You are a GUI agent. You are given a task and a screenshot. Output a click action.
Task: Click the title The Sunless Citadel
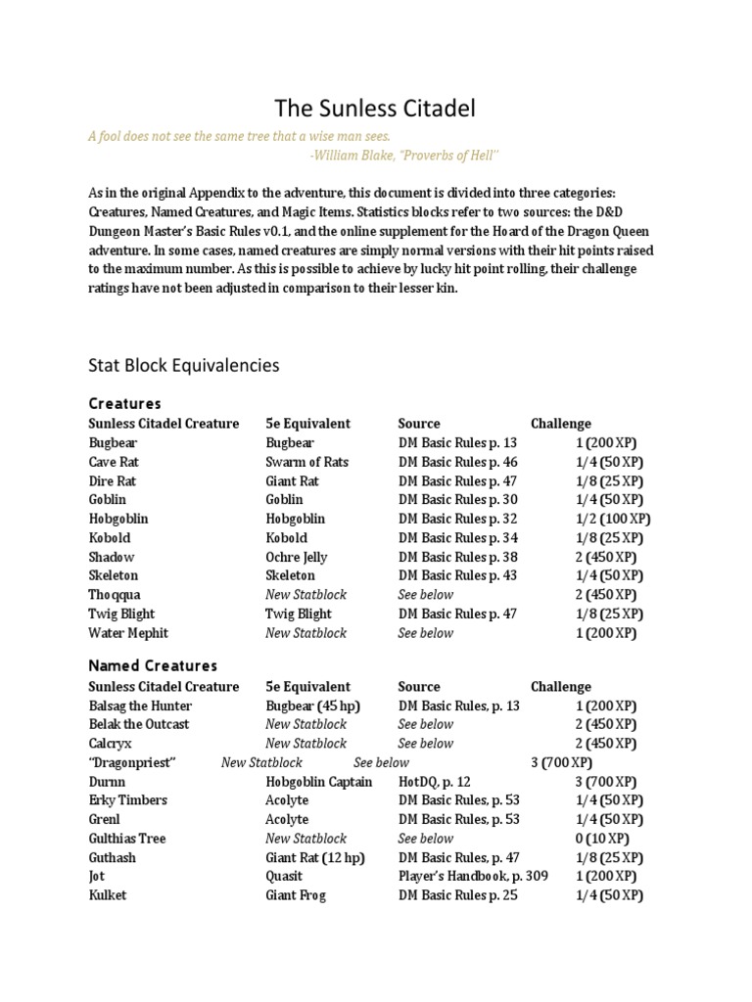(x=375, y=108)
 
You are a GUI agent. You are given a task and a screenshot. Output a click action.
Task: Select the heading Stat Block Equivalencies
(x=183, y=365)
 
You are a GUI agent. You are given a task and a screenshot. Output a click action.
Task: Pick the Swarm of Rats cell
(x=306, y=462)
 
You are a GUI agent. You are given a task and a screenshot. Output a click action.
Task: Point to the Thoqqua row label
(x=115, y=595)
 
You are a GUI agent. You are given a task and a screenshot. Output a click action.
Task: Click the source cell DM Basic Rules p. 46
(x=458, y=462)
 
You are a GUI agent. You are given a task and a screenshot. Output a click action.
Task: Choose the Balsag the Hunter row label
(x=140, y=706)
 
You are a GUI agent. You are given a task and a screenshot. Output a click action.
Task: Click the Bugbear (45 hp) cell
(x=312, y=706)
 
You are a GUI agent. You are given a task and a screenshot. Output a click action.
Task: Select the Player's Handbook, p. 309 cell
(x=473, y=877)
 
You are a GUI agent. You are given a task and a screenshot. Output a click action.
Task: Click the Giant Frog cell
(x=296, y=895)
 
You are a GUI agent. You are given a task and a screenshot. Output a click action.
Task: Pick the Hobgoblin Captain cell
(x=319, y=782)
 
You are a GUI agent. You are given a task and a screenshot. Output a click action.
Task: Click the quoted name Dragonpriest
(x=132, y=762)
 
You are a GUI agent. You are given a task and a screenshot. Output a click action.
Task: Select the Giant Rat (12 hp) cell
(x=313, y=857)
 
